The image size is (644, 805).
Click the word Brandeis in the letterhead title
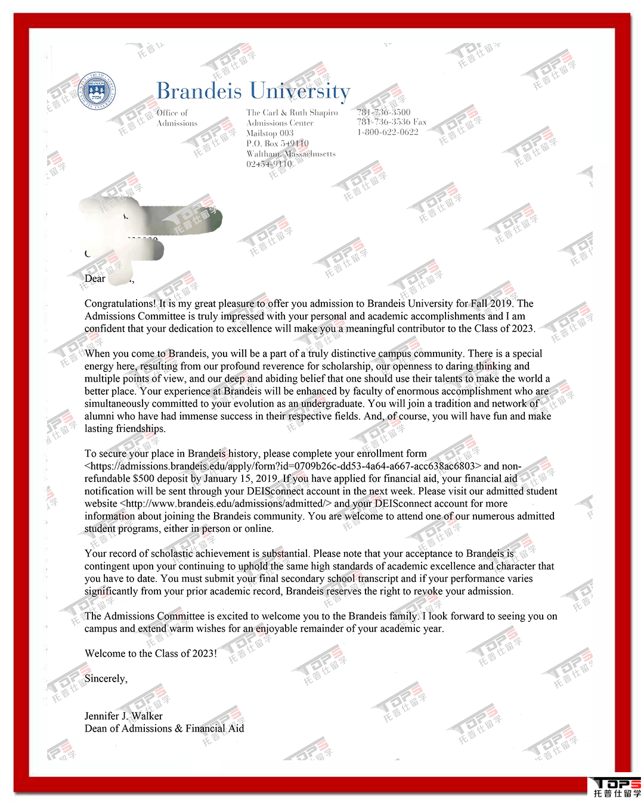click(x=199, y=91)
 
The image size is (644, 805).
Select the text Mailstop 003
click(x=270, y=134)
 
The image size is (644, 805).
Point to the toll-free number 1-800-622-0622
click(x=388, y=132)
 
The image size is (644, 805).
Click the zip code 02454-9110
click(x=269, y=164)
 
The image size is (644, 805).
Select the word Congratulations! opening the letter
click(x=120, y=304)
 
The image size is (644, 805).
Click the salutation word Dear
click(x=95, y=278)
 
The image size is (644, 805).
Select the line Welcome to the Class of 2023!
click(x=151, y=654)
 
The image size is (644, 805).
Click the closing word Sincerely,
click(x=106, y=679)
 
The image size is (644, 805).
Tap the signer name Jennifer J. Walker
click(x=123, y=716)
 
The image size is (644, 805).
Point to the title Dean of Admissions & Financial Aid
click(x=164, y=729)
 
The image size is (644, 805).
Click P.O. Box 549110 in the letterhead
click(x=277, y=144)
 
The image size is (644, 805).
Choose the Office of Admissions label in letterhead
click(x=177, y=118)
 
